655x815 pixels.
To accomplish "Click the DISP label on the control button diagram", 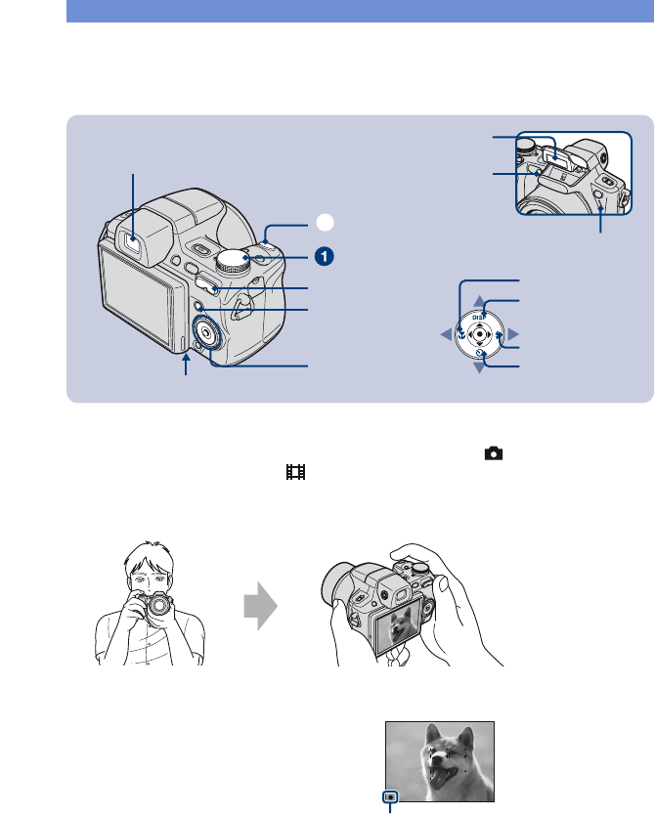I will pos(479,316).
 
